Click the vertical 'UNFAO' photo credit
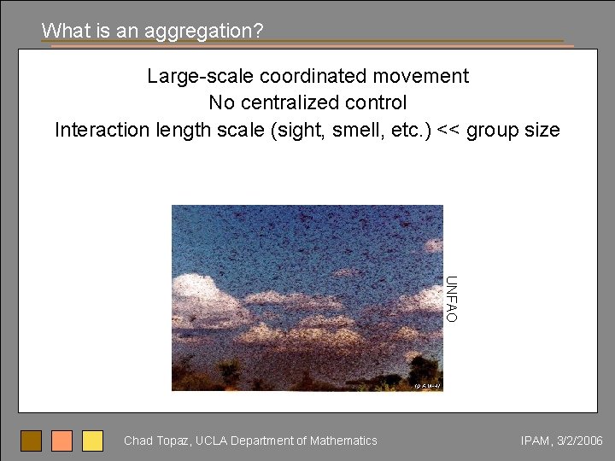point(452,299)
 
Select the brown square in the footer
point(32,441)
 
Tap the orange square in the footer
point(62,441)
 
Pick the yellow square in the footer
point(92,441)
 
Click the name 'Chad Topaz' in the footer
point(156,441)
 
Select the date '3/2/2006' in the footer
point(579,441)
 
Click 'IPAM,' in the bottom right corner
point(536,441)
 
